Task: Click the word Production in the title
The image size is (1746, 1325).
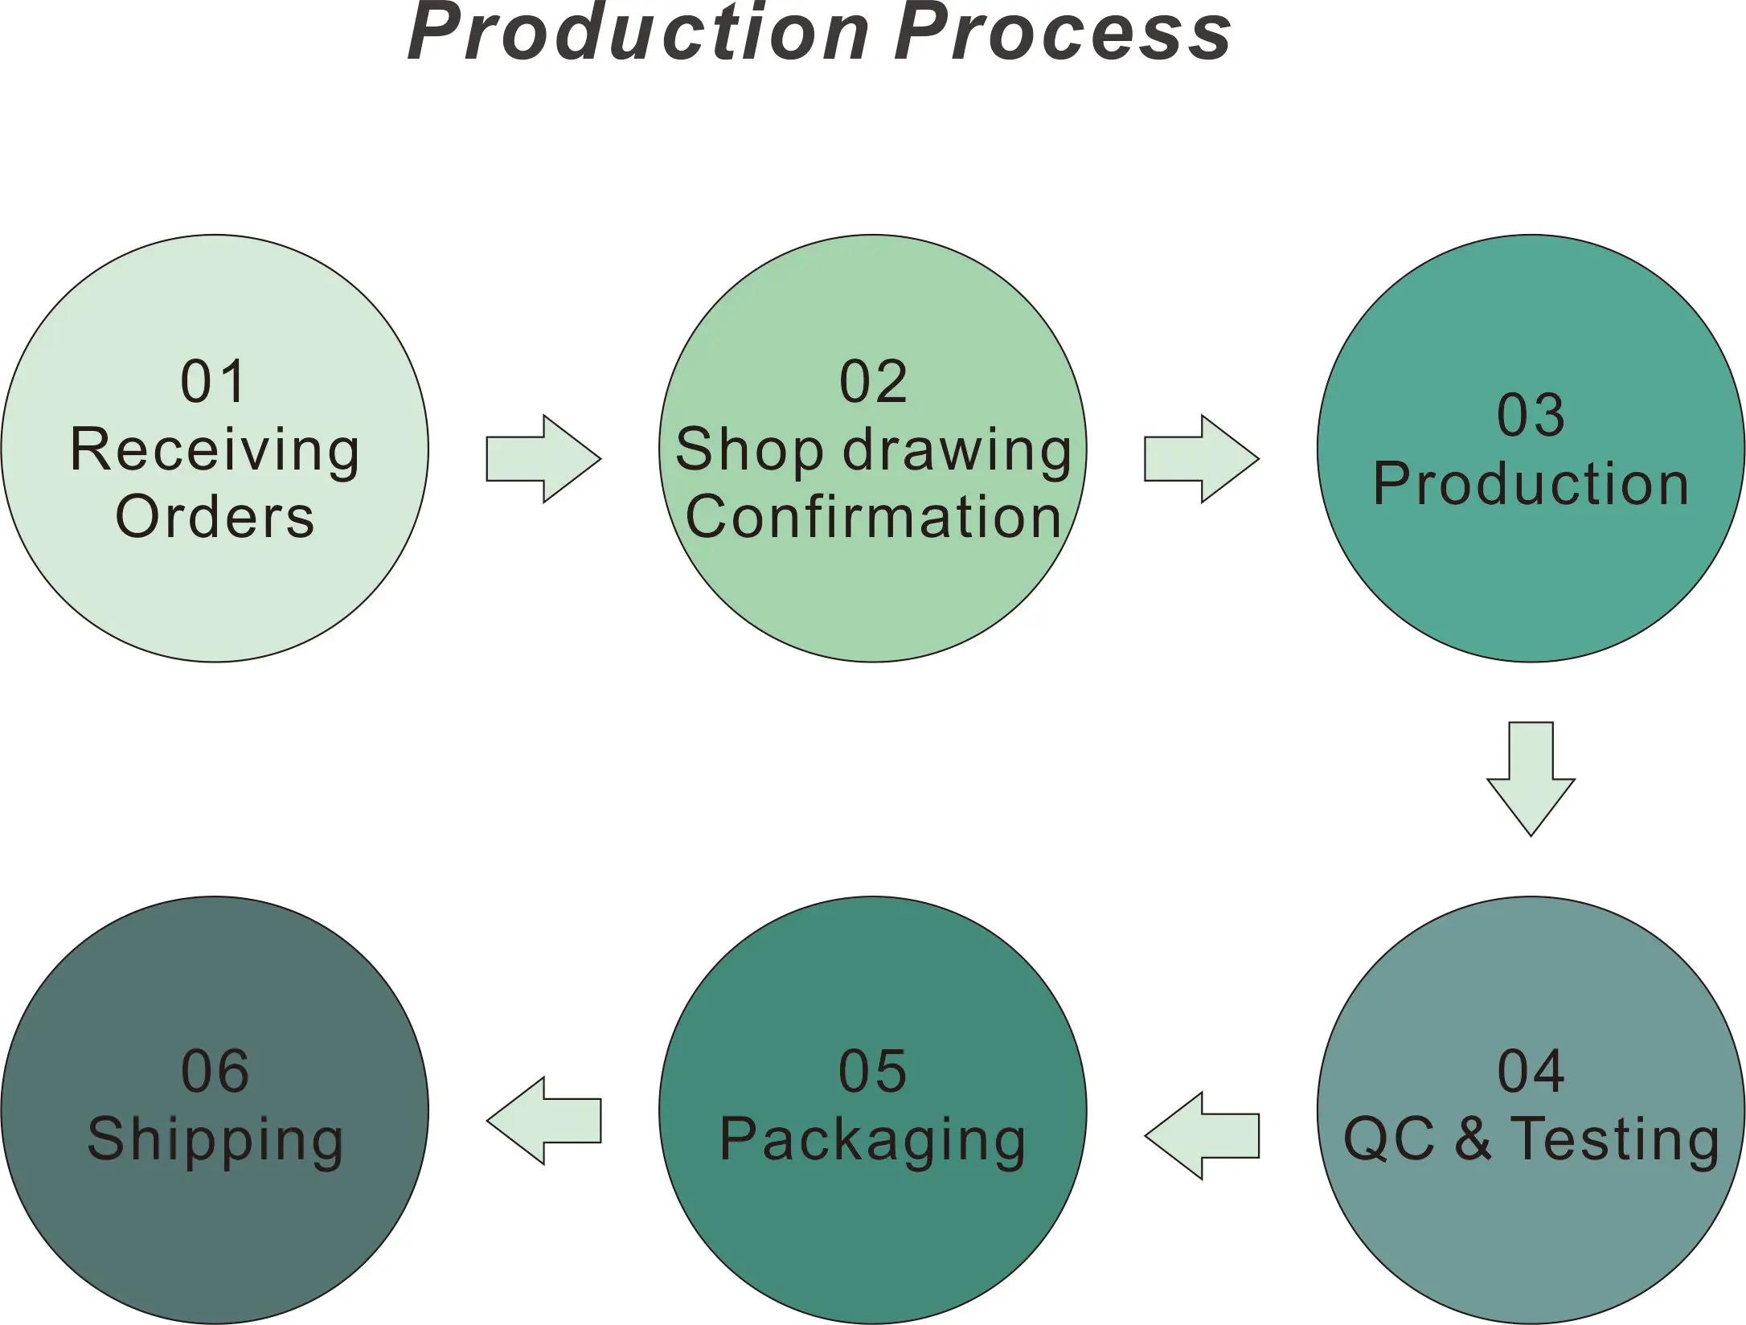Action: point(639,34)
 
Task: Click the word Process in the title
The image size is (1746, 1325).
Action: point(1063,34)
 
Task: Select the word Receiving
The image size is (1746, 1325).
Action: point(215,451)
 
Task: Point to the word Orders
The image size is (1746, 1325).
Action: point(215,517)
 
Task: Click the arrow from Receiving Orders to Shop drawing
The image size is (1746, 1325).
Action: point(543,459)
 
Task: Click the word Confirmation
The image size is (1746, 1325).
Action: point(873,517)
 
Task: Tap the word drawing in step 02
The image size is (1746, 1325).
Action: point(957,451)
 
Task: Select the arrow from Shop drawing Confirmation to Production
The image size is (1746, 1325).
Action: point(1201,459)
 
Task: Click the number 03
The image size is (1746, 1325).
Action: point(1531,416)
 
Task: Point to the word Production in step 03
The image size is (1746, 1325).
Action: point(1531,484)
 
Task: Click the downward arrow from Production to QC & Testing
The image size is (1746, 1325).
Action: point(1531,778)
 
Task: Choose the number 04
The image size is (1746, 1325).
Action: point(1531,1072)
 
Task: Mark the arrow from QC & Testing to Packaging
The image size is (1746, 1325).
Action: point(1201,1136)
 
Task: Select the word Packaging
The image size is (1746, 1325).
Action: point(873,1141)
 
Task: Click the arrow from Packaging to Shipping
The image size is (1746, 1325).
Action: point(543,1121)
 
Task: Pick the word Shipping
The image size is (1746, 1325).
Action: point(215,1141)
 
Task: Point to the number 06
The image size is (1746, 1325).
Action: point(215,1072)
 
